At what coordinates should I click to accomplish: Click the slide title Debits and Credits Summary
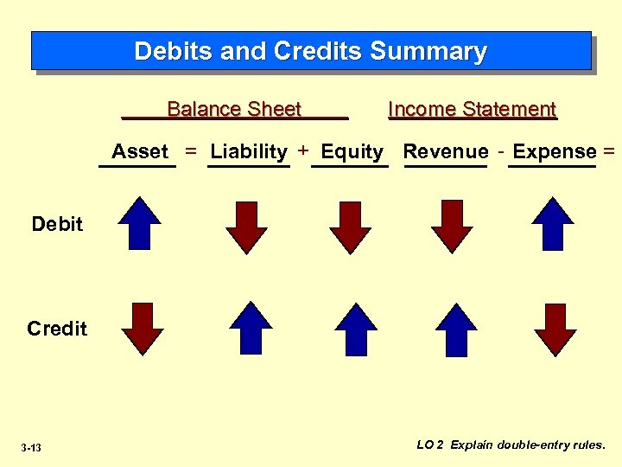pyautogui.click(x=311, y=51)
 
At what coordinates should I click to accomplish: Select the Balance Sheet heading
pyautogui.click(x=234, y=110)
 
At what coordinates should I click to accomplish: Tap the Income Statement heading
pyautogui.click(x=473, y=110)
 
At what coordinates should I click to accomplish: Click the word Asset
pyautogui.click(x=140, y=152)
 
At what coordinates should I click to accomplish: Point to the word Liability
pyautogui.click(x=249, y=152)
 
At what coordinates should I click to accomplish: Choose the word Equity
pyautogui.click(x=352, y=152)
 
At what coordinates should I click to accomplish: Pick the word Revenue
pyautogui.click(x=446, y=152)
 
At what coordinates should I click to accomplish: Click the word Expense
pyautogui.click(x=555, y=152)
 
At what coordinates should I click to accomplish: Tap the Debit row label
pyautogui.click(x=57, y=224)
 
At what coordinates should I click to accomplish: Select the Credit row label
pyautogui.click(x=57, y=329)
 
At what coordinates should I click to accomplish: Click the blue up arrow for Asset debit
pyautogui.click(x=140, y=223)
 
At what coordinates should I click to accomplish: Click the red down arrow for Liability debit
pyautogui.click(x=247, y=227)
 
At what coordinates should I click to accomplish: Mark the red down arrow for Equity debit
pyautogui.click(x=350, y=227)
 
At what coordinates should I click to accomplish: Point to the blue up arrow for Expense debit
pyautogui.click(x=553, y=223)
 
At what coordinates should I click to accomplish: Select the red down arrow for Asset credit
pyautogui.click(x=143, y=329)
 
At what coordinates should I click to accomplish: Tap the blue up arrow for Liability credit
pyautogui.click(x=251, y=328)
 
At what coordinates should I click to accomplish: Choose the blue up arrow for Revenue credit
pyautogui.click(x=456, y=329)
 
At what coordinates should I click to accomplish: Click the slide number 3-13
pyautogui.click(x=31, y=447)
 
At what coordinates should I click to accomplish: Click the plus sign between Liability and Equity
pyautogui.click(x=303, y=151)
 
